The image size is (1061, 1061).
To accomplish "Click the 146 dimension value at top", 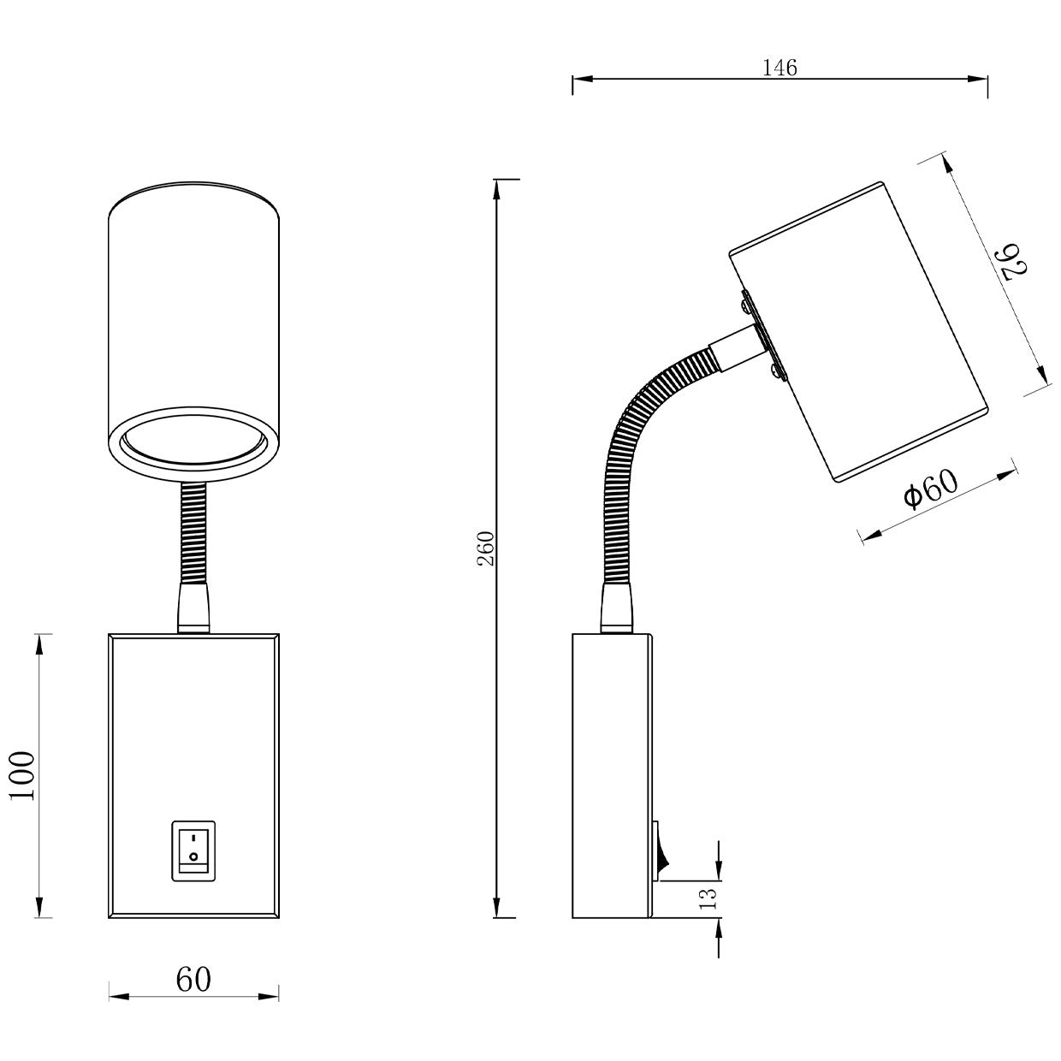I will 779,68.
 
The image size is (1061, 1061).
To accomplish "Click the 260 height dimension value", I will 486,548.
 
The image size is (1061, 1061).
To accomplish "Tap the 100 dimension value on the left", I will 23,775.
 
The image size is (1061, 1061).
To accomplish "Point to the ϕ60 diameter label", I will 931,490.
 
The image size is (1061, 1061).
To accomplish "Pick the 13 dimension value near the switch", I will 708,898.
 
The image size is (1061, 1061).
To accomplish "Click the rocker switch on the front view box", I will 193,851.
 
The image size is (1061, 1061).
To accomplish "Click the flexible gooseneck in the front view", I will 193,530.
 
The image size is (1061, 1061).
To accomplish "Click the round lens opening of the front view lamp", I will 193,446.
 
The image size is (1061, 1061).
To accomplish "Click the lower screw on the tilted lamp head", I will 776,370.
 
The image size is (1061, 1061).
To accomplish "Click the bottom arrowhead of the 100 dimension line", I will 39,908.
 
